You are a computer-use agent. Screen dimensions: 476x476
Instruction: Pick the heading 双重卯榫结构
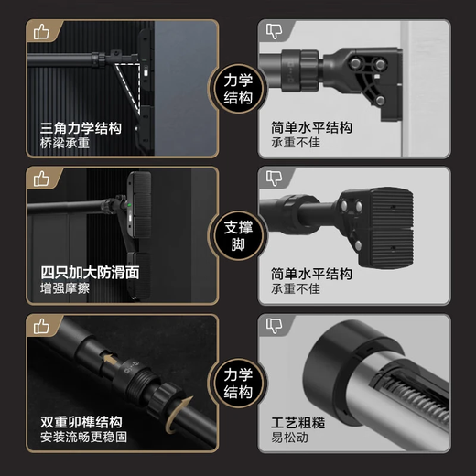tap(81, 423)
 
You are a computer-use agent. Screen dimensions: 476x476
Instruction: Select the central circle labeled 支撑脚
tap(238, 236)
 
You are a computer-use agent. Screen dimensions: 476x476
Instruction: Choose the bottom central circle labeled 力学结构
tap(238, 384)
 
